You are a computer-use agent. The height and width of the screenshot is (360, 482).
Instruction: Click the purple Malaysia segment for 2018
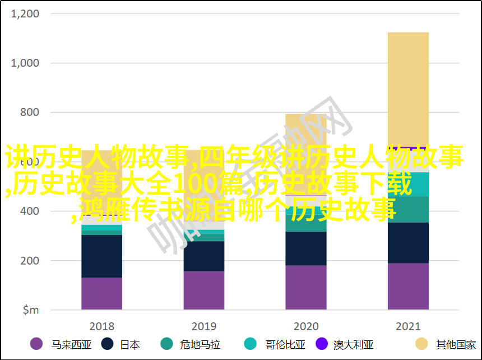click(x=101, y=293)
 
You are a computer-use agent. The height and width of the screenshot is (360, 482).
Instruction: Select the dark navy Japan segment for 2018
click(x=101, y=256)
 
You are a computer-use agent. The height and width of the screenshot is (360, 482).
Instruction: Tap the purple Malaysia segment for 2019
click(x=203, y=290)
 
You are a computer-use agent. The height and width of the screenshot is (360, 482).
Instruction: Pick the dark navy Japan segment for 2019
click(x=203, y=256)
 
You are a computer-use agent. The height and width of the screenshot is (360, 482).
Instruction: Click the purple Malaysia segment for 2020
click(x=305, y=287)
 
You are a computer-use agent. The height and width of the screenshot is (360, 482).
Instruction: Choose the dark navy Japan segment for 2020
click(x=305, y=248)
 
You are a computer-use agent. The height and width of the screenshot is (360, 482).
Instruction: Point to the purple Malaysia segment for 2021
click(x=408, y=286)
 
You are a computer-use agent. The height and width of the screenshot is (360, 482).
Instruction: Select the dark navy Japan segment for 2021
click(x=408, y=243)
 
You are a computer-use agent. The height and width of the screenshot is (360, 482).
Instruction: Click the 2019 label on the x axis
click(x=203, y=326)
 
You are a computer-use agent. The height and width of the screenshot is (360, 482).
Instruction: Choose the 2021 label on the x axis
click(x=408, y=326)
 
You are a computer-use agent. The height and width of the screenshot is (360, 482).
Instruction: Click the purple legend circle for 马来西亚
click(x=37, y=344)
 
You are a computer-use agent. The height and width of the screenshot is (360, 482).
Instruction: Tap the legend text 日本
click(x=129, y=344)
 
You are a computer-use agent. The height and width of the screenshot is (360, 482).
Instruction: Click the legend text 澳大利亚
click(x=353, y=344)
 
